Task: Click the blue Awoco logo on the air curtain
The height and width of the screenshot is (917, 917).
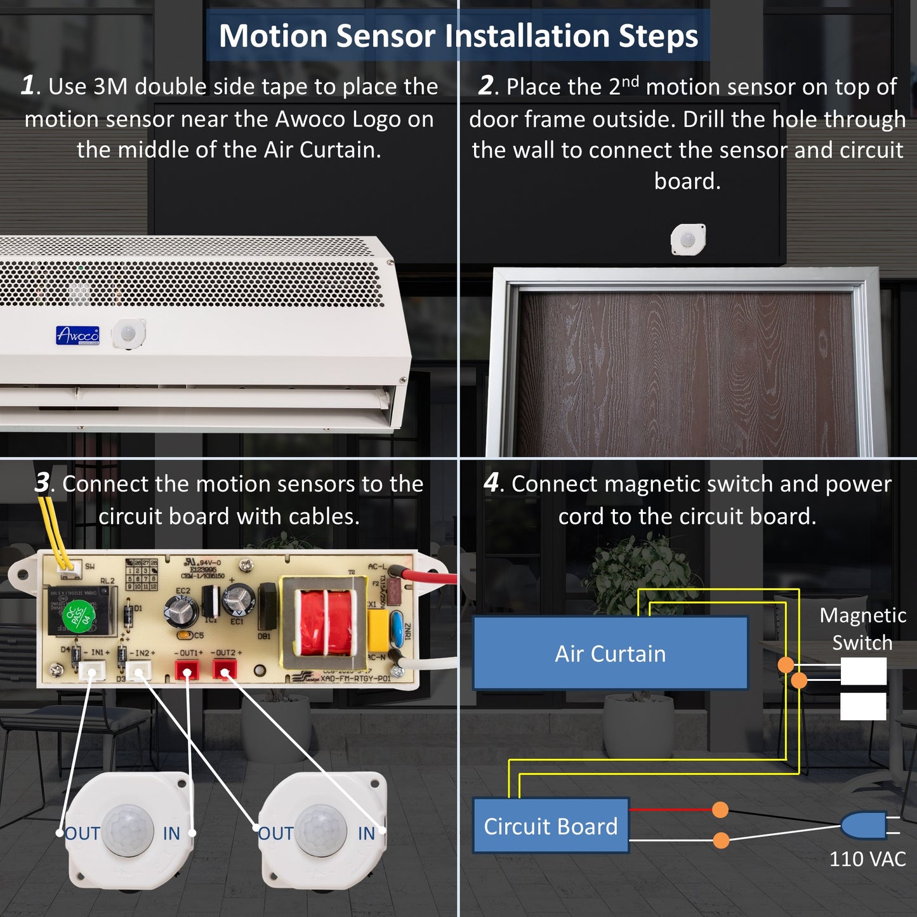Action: (x=77, y=335)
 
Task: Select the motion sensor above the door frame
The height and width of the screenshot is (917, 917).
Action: (x=688, y=240)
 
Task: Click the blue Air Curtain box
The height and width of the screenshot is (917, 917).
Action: (x=610, y=653)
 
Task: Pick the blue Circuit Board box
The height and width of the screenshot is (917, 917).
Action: (x=550, y=826)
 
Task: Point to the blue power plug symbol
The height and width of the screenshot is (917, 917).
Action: (x=864, y=826)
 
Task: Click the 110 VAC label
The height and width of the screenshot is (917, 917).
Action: (x=867, y=859)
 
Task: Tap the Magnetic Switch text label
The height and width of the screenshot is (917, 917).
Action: (x=862, y=628)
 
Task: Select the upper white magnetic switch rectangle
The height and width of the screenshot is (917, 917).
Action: (x=863, y=671)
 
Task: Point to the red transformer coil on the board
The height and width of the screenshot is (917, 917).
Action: (x=325, y=622)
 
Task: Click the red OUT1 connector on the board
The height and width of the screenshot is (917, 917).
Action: (x=187, y=669)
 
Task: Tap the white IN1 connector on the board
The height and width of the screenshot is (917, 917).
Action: (x=92, y=670)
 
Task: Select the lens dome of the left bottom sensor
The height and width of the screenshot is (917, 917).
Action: (x=128, y=830)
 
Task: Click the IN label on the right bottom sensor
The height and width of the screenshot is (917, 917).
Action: (x=366, y=833)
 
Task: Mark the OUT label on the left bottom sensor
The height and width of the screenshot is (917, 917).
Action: (x=83, y=833)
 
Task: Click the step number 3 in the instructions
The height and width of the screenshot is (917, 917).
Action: (x=42, y=482)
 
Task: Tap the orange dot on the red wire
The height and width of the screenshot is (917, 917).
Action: (x=720, y=810)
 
